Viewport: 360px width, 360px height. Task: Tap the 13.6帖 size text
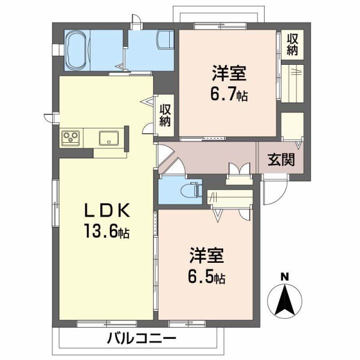click(106, 232)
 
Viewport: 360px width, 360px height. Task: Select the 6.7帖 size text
click(229, 95)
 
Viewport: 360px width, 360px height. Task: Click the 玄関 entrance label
click(280, 160)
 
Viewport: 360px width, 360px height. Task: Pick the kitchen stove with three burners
click(72, 137)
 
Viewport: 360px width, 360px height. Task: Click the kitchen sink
click(109, 137)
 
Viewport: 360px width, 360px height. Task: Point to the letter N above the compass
click(286, 277)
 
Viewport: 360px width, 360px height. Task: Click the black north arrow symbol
click(286, 299)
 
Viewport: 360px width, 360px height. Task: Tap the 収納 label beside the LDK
click(166, 115)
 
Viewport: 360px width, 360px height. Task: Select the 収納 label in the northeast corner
click(292, 44)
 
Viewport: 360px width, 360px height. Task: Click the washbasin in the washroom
click(164, 42)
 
